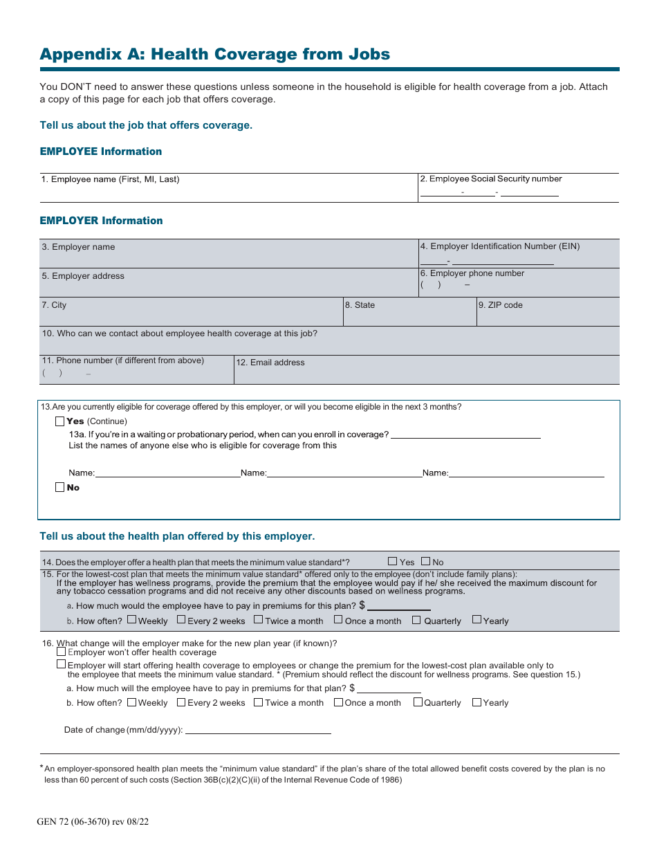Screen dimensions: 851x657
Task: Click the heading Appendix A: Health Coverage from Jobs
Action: coord(214,54)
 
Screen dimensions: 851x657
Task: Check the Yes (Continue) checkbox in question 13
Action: coord(59,421)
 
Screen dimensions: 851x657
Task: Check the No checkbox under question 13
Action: coord(59,488)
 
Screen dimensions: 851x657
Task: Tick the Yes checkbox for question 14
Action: coord(393,562)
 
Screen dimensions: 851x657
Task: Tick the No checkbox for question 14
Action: coord(425,562)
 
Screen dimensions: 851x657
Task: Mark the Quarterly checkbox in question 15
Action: coord(416,620)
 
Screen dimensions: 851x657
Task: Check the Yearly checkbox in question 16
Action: coord(476,702)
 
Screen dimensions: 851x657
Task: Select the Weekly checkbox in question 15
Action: coord(131,620)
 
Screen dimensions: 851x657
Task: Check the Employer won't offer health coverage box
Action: coord(61,652)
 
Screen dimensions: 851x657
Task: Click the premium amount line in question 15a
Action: coord(398,606)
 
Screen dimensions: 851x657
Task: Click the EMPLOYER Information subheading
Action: coord(101,221)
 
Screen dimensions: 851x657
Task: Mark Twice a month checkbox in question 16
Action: coord(258,702)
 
